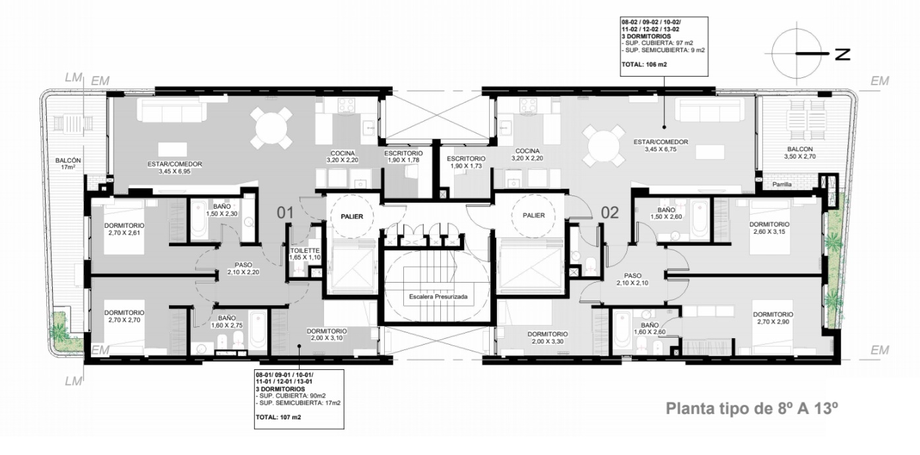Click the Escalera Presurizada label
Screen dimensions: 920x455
point(438,297)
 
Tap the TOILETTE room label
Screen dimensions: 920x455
point(305,250)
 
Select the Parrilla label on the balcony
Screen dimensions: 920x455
point(782,184)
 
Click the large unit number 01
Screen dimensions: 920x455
point(286,213)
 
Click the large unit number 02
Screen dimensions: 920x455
point(610,213)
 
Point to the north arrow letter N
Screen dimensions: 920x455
point(842,54)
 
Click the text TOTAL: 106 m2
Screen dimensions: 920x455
point(644,65)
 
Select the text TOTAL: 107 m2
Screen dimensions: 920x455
point(279,417)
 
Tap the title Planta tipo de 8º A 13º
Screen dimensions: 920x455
point(752,409)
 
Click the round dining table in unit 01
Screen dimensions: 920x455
point(271,128)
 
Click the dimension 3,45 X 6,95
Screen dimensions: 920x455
point(174,172)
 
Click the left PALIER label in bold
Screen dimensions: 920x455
point(352,216)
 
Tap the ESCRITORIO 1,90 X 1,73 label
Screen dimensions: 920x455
point(466,162)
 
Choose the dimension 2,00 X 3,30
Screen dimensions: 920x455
point(548,341)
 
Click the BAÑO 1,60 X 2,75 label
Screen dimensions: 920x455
point(227,322)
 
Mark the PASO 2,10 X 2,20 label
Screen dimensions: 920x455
point(243,268)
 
